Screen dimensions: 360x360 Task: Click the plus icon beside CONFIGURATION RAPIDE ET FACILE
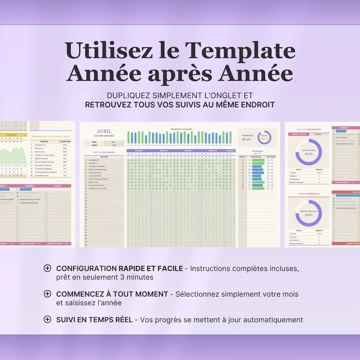[x=47, y=268]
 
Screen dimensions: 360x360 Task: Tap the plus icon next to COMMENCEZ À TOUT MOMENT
[x=47, y=294]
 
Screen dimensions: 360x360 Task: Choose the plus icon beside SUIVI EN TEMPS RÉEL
[x=47, y=319]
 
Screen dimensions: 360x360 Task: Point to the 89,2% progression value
[x=247, y=139]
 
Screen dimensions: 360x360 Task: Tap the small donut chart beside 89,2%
[x=264, y=138]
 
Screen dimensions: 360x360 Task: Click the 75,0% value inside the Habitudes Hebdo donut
[x=309, y=154]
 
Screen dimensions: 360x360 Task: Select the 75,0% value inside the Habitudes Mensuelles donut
[x=309, y=215]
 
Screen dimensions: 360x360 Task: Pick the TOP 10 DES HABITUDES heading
[x=50, y=137]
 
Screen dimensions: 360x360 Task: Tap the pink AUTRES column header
[x=58, y=186]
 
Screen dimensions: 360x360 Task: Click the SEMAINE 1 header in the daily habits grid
[x=139, y=151]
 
